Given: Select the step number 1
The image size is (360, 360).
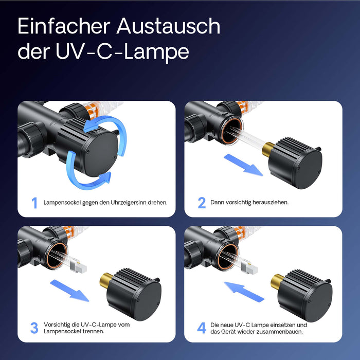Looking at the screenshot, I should tap(34, 203).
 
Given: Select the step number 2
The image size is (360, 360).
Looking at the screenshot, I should tap(202, 203).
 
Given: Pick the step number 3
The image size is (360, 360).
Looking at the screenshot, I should tap(34, 328).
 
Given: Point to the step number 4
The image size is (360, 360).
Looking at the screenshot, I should tap(202, 328).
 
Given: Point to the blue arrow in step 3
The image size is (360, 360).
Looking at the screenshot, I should tap(69, 290).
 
